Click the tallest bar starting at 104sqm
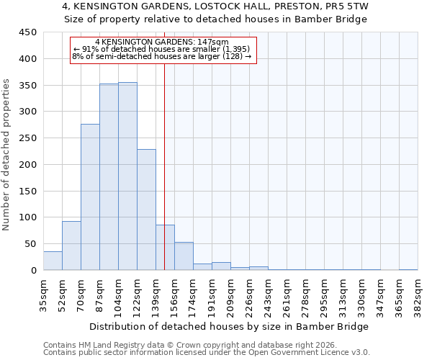127,176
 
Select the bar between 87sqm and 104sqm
109,177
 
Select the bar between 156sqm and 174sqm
184,256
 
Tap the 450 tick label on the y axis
27,32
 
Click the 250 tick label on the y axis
27,138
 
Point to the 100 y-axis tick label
27,217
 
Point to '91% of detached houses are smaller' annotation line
161,49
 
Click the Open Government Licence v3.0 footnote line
207,353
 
